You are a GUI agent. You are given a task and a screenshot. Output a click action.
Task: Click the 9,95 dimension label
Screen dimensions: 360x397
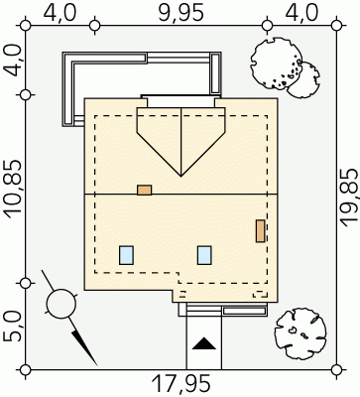pyautogui.click(x=180, y=14)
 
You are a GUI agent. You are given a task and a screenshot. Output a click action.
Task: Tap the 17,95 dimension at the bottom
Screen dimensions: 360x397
pyautogui.click(x=180, y=384)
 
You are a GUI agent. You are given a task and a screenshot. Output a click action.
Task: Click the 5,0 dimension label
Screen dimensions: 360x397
pyautogui.click(x=13, y=327)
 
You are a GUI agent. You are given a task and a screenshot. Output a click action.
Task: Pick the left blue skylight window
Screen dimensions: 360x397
pyautogui.click(x=126, y=255)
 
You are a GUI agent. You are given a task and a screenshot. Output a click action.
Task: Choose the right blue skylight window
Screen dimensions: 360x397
pyautogui.click(x=204, y=255)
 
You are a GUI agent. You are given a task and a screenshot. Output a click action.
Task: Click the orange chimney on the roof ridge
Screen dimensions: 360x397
pyautogui.click(x=145, y=190)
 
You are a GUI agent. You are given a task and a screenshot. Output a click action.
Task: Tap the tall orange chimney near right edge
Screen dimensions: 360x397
pyautogui.click(x=261, y=231)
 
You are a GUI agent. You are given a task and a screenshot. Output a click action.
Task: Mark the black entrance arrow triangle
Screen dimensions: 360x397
pyautogui.click(x=204, y=343)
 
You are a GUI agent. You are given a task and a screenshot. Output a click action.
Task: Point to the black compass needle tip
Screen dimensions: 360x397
pyautogui.click(x=97, y=365)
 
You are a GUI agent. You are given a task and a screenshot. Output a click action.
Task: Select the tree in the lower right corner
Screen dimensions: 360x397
pyautogui.click(x=300, y=333)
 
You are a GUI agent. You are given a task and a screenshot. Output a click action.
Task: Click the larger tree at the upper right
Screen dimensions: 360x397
pyautogui.click(x=277, y=64)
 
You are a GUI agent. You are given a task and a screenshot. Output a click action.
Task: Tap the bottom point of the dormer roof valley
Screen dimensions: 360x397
pyautogui.click(x=181, y=177)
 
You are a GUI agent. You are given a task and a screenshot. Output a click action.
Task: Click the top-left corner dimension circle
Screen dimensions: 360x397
pyautogui.click(x=25, y=25)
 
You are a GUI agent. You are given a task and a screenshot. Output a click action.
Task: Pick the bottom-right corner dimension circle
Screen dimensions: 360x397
pyautogui.click(x=336, y=369)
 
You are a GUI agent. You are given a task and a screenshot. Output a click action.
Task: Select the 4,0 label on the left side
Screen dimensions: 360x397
pyautogui.click(x=13, y=61)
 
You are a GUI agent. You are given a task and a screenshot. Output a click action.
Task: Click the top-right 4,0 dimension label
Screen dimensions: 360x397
pyautogui.click(x=301, y=14)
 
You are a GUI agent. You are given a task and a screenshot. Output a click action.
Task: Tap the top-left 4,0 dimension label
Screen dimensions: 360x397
pyautogui.click(x=60, y=14)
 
